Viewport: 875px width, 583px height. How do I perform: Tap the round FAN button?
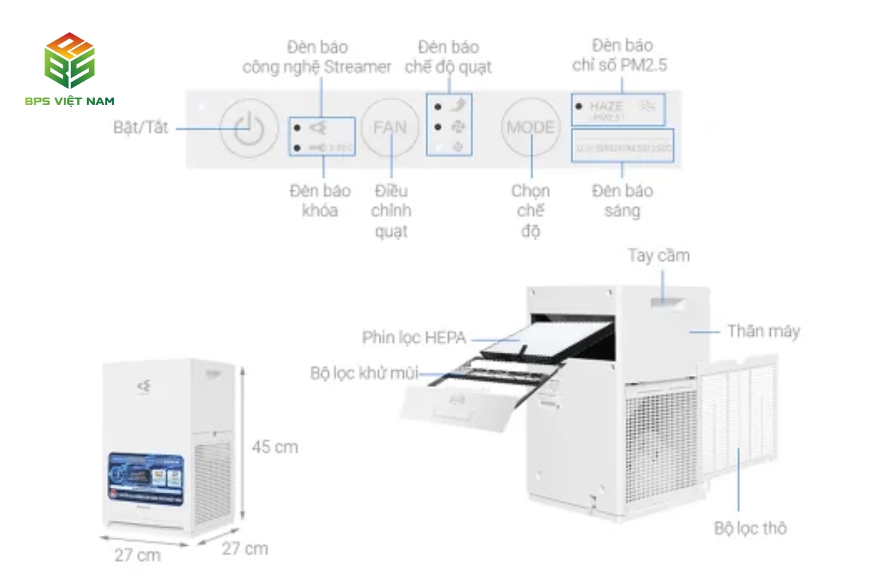pyautogui.click(x=390, y=128)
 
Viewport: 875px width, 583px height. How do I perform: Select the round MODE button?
pyautogui.click(x=530, y=128)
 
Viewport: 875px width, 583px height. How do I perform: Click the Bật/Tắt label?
pyautogui.click(x=141, y=128)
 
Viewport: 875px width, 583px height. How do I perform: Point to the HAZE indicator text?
pyautogui.click(x=607, y=106)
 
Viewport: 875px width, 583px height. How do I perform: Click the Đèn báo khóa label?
pyautogui.click(x=319, y=201)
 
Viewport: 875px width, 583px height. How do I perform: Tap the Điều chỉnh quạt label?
pyautogui.click(x=391, y=211)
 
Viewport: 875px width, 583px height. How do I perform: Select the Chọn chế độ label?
pyautogui.click(x=530, y=211)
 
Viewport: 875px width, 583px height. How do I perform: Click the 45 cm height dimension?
pyautogui.click(x=275, y=447)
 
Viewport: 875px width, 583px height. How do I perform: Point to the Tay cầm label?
pyautogui.click(x=658, y=256)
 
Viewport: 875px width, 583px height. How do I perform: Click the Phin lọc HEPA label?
pyautogui.click(x=413, y=338)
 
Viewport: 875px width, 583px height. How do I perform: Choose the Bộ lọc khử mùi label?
pyautogui.click(x=364, y=374)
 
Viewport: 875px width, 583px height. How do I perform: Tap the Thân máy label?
pyautogui.click(x=763, y=332)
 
